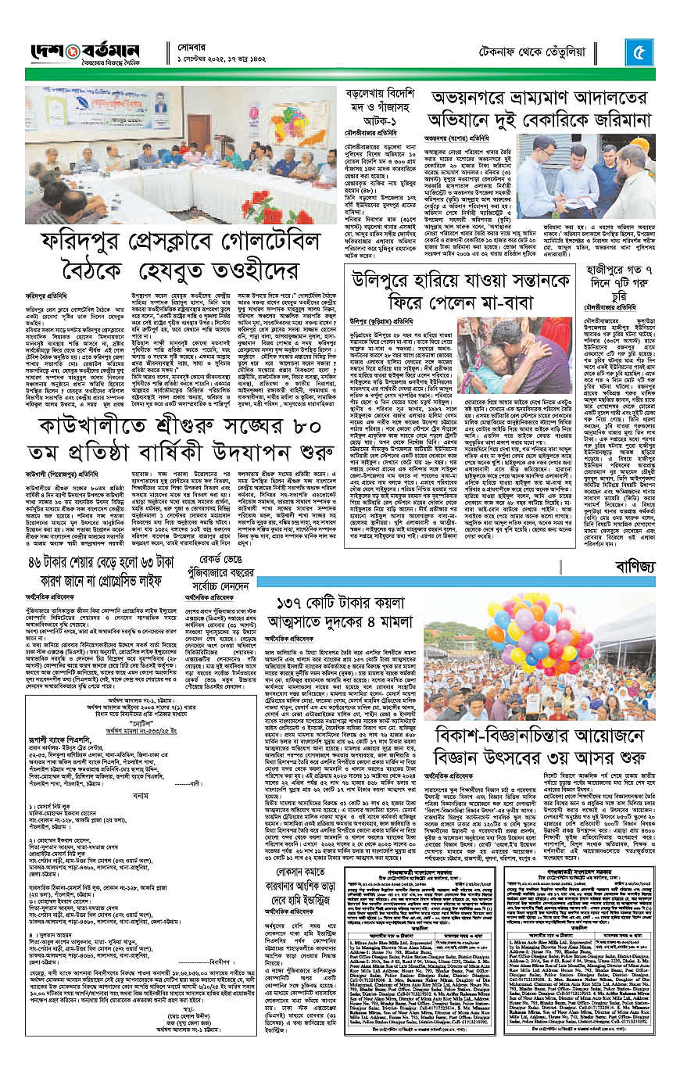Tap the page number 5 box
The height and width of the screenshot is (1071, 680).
pos(639,54)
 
